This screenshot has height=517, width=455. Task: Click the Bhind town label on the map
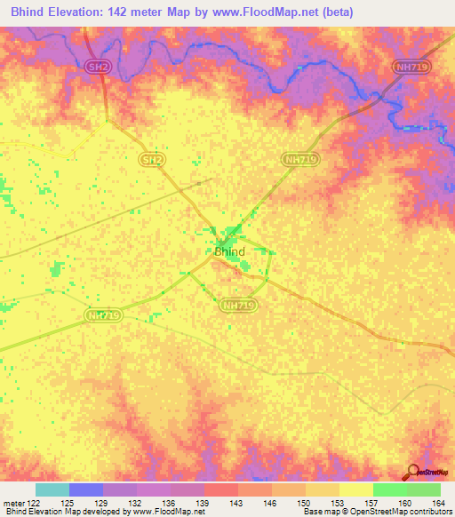coord(229,252)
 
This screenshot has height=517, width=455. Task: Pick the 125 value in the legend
coord(68,502)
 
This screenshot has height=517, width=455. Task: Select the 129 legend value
coord(103,502)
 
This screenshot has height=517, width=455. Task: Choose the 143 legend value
coord(238,502)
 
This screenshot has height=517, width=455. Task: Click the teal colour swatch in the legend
coord(52,489)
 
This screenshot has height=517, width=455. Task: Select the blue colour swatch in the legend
coord(85,489)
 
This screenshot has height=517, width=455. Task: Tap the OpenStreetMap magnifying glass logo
coord(414,473)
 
